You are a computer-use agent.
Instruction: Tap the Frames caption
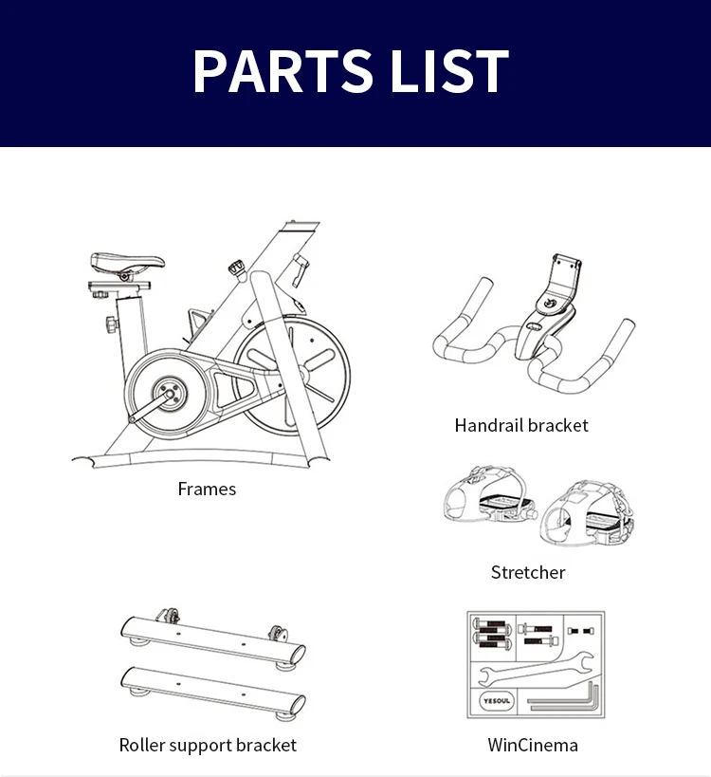coord(207,490)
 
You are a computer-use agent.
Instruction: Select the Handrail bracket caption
coord(521,425)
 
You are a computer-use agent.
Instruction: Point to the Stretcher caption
coord(528,572)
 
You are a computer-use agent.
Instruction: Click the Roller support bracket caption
coord(208,745)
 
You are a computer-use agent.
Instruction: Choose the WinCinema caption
coord(533,745)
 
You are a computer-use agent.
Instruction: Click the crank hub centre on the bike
coord(170,395)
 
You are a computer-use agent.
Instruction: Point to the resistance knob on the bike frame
coord(237,268)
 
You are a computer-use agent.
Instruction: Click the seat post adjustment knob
coord(112,324)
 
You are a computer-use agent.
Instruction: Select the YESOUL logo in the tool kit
coord(496,701)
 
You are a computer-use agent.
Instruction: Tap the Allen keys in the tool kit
coord(564,697)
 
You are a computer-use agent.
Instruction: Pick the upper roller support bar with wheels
coord(213,639)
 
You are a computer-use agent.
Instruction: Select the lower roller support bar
coord(213,690)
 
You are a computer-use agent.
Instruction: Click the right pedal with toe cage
coord(587,514)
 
